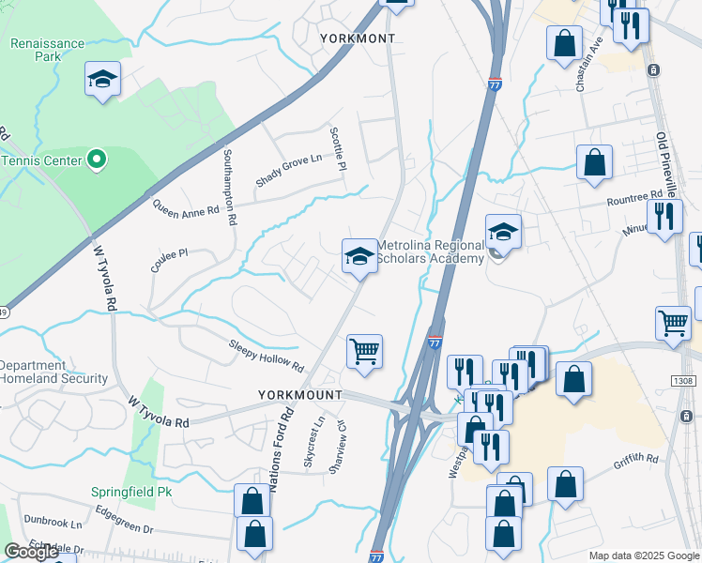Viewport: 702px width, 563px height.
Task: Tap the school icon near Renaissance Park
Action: pyautogui.click(x=101, y=80)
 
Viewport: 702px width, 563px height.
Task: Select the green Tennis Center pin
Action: pyautogui.click(x=97, y=160)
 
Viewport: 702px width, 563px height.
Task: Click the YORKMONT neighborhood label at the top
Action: pyautogui.click(x=358, y=38)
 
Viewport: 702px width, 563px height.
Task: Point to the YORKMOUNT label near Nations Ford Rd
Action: pyautogui.click(x=300, y=396)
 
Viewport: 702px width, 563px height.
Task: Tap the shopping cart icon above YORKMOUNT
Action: pyautogui.click(x=364, y=353)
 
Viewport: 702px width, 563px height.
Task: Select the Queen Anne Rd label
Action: pyautogui.click(x=185, y=207)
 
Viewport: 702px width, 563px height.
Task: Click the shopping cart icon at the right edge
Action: pyautogui.click(x=673, y=324)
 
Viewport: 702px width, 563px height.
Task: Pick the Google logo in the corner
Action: pyautogui.click(x=31, y=552)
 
